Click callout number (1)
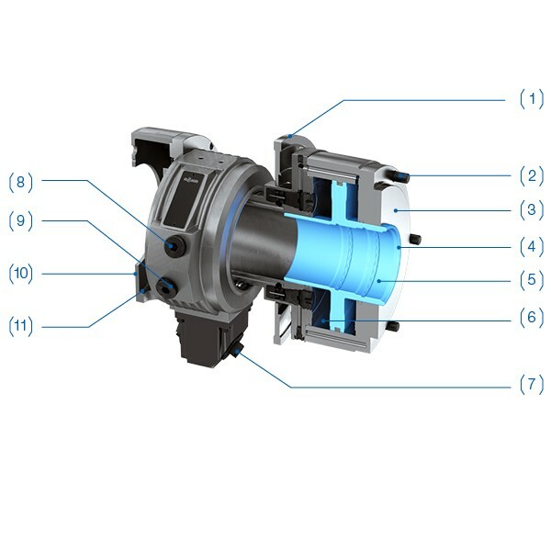coord(532,99)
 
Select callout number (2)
coord(532,174)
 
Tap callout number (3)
coord(532,210)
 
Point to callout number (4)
coord(532,246)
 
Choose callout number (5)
coord(532,281)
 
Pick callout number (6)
coord(532,319)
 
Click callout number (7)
coord(532,385)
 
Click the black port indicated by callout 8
coord(174,246)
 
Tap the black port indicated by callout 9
coord(166,288)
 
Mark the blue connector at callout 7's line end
coord(238,350)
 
